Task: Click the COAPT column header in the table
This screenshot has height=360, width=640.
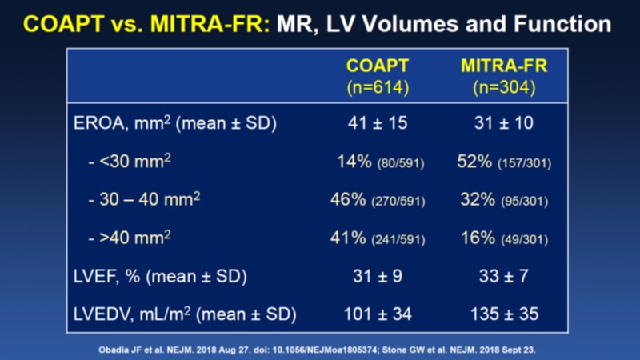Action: [378, 66]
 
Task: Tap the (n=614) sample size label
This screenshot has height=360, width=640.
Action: [378, 86]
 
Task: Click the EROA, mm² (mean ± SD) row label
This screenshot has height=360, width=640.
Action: [170, 126]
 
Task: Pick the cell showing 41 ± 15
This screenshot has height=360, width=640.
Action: [378, 126]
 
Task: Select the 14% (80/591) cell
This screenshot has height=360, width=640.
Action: [378, 163]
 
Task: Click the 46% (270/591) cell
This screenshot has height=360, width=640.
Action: [378, 201]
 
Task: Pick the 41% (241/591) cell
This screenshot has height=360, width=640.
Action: [378, 238]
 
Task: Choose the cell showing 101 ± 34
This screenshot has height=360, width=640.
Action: [378, 314]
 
